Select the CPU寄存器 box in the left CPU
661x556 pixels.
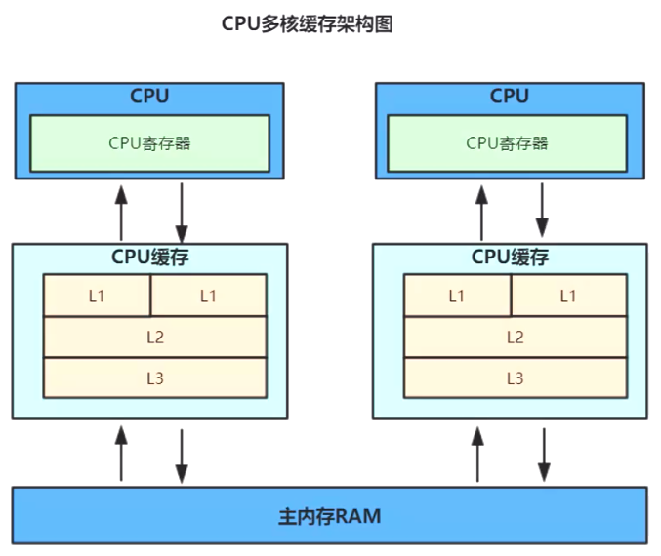(149, 143)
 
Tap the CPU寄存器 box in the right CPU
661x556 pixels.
(508, 143)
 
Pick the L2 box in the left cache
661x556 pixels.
(155, 338)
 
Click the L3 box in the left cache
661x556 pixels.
(155, 377)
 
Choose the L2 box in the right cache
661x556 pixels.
(515, 338)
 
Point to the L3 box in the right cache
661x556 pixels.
(515, 377)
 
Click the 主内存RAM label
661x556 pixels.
(329, 515)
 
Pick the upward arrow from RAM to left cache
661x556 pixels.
(121, 452)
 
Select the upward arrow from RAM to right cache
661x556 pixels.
(478, 452)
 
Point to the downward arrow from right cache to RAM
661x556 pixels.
(543, 452)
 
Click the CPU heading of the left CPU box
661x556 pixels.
(149, 97)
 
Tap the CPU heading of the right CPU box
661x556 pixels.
(509, 97)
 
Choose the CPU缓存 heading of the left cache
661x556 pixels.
(149, 258)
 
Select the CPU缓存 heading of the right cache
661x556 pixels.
(510, 258)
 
